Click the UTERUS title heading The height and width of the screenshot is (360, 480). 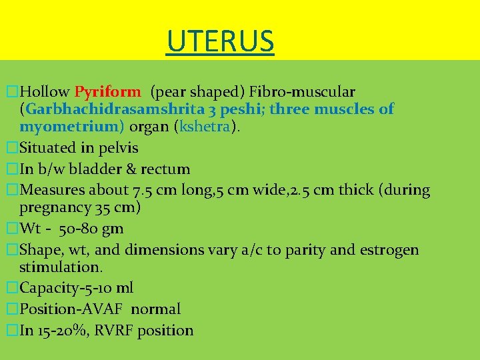point(221,41)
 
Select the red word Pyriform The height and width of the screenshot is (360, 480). point(107,91)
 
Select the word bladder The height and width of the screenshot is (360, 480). point(91,169)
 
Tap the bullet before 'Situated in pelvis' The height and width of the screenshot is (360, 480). point(11,147)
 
